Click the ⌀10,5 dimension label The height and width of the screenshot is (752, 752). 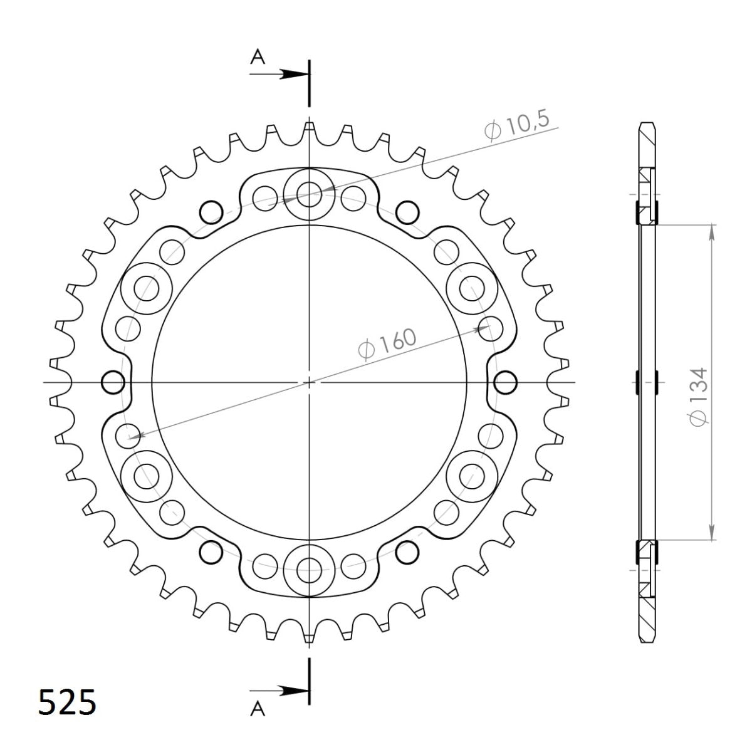521,127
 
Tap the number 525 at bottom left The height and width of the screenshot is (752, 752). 67,702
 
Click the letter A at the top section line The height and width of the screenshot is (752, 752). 258,58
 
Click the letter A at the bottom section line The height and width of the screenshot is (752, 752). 258,709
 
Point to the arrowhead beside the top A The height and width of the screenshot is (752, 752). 291,74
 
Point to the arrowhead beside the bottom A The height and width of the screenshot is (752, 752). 291,691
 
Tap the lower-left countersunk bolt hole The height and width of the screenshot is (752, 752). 149,474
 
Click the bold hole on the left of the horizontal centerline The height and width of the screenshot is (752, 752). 113,382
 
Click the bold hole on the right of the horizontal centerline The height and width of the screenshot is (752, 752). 505,382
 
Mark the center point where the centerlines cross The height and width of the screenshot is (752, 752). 308,382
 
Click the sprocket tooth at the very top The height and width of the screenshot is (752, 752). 308,128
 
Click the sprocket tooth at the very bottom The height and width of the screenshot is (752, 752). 308,635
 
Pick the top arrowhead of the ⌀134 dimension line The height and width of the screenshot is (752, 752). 712,231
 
